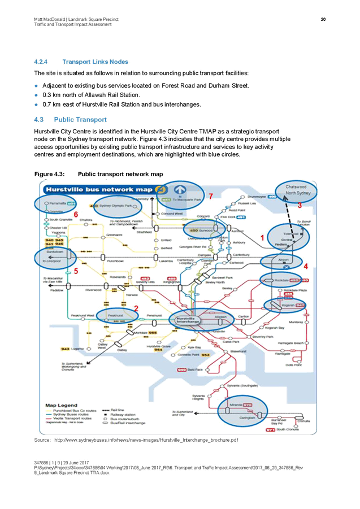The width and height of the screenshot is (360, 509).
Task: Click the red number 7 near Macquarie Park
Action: coord(210,195)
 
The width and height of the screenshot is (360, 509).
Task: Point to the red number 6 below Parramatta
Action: coord(76,215)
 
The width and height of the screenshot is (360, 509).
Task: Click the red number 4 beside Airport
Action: coord(306,266)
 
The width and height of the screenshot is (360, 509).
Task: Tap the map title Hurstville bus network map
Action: coord(99,190)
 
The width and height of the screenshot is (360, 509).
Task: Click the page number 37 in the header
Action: coord(324,20)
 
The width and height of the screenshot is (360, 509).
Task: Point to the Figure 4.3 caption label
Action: coord(51,173)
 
